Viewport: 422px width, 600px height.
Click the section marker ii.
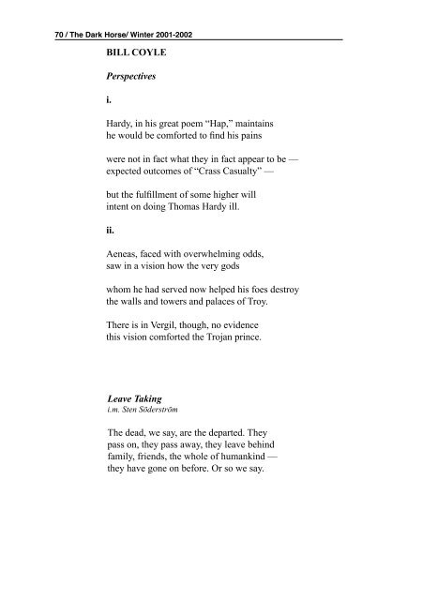point(113,249)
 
